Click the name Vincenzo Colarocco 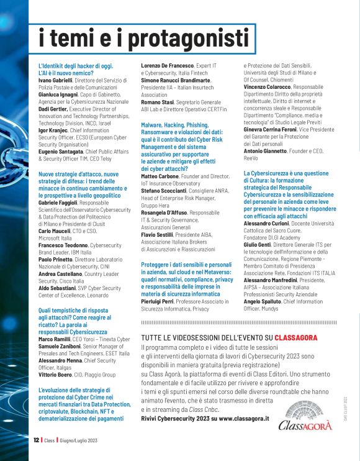(x=271, y=88)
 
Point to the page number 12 (x=37, y=439)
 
